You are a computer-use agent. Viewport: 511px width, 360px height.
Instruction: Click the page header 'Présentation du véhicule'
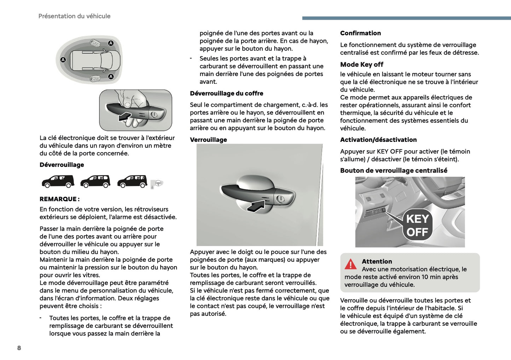coord(74,16)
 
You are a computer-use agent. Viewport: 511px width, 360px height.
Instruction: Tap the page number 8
coord(19,348)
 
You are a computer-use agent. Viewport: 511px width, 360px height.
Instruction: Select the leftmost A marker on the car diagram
coord(63,60)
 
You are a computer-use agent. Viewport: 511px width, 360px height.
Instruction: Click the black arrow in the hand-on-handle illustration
coord(125,117)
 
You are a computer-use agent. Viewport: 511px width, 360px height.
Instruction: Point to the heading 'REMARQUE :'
coord(59,199)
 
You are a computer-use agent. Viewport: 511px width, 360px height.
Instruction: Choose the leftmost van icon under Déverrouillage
coord(58,181)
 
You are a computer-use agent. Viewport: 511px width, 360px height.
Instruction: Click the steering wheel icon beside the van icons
coord(158,183)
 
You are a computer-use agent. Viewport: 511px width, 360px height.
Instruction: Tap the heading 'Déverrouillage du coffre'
coord(226,93)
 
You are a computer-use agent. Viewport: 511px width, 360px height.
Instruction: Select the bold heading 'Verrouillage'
coord(208,140)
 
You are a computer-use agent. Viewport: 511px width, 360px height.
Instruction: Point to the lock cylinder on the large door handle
coord(280,198)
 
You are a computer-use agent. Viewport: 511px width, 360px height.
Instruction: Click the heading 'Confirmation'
coord(360,33)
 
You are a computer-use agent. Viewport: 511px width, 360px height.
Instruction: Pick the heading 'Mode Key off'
coord(361,64)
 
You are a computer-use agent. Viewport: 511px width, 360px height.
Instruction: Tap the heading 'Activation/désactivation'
coord(378,140)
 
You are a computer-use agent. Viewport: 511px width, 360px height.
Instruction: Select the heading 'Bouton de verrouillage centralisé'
coord(394,170)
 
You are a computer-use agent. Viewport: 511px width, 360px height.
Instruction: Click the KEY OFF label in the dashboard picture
coord(417,226)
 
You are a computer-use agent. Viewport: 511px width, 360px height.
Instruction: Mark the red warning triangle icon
coord(350,264)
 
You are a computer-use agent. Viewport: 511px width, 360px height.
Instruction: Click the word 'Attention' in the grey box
coord(377,262)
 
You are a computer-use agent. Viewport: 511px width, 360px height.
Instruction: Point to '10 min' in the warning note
coord(430,277)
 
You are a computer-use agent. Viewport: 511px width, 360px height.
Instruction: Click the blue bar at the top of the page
coord(406,18)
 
